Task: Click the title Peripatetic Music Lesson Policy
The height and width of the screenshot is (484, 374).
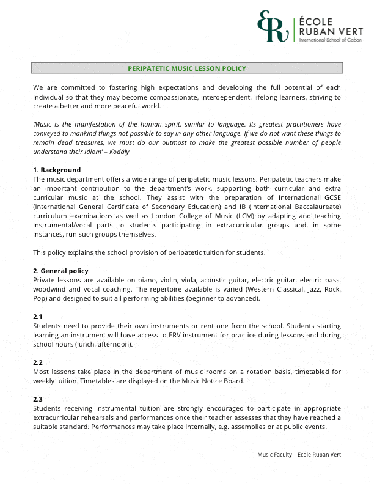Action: coord(187,68)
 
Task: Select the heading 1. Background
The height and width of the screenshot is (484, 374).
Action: coord(57,170)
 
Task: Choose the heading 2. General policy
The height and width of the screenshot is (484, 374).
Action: coord(61,271)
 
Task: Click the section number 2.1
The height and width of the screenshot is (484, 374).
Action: coord(38,317)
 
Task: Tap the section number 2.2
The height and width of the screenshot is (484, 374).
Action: coord(38,362)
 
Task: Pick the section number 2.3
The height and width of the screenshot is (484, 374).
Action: coord(38,399)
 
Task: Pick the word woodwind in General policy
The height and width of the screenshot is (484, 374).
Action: coord(48,289)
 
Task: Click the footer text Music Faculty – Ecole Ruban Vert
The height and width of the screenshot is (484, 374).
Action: coord(299,455)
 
